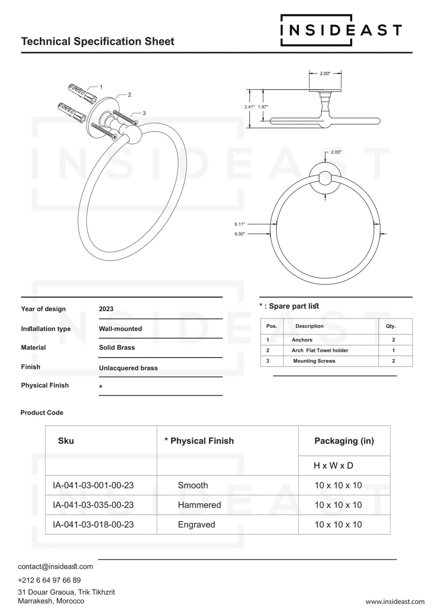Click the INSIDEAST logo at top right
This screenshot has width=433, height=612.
341,30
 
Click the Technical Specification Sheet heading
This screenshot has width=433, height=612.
98,41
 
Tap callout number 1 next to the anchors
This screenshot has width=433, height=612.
101,87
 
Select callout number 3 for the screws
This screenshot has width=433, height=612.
144,113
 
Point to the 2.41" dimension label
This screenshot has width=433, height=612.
250,107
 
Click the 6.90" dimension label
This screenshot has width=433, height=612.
240,234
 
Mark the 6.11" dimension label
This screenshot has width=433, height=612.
240,224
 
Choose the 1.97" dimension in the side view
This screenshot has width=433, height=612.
263,107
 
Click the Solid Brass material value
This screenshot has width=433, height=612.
117,348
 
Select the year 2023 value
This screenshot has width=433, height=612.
106,309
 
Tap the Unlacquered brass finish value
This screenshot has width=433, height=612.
128,368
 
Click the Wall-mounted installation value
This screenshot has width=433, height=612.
120,329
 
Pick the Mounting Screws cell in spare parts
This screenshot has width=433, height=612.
314,361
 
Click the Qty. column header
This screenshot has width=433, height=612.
391,326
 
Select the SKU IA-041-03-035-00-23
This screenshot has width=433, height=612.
93,505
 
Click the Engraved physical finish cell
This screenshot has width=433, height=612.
196,524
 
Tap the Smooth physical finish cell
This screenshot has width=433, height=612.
193,485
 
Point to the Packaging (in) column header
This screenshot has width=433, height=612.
344,441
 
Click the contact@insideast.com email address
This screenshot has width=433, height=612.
55,567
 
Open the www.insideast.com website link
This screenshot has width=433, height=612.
395,602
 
